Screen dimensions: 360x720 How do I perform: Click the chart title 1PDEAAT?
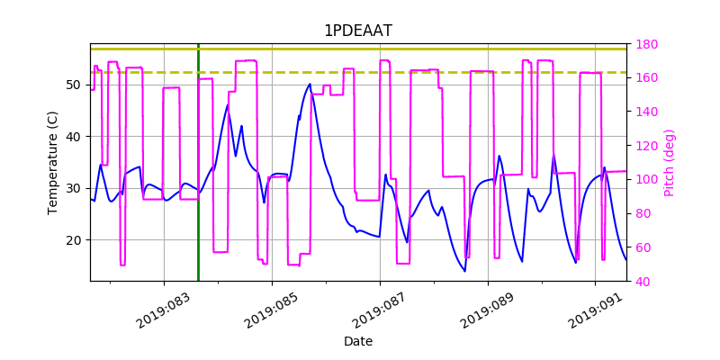coord(357,31)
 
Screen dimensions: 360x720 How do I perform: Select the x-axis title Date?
coord(357,341)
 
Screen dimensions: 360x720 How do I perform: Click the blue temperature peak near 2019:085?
coord(310,85)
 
